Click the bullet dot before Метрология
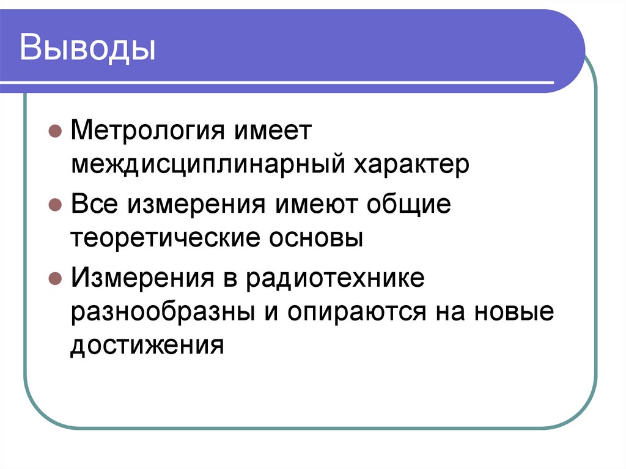click(54, 131)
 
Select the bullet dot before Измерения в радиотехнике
click(54, 279)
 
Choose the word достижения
click(144, 347)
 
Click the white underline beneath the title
click(287, 83)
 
